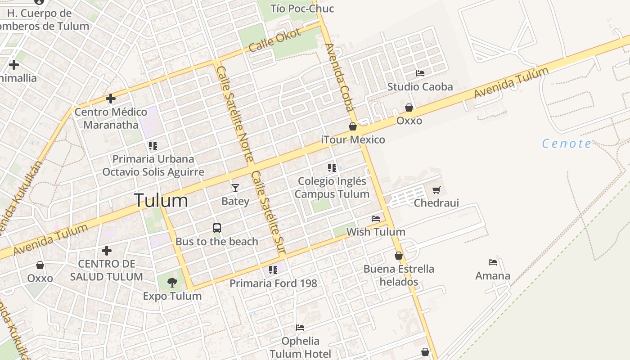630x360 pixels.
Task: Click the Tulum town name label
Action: tap(161, 200)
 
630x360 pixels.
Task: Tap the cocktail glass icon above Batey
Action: tap(235, 188)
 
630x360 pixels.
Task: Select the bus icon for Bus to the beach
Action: tap(217, 228)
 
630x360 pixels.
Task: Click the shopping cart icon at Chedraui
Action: tap(436, 190)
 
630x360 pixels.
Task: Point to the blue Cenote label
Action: tap(567, 144)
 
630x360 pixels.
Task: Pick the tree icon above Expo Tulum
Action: tap(172, 283)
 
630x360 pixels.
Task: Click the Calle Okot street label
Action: tap(274, 40)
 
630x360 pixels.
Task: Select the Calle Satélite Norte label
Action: tap(235, 115)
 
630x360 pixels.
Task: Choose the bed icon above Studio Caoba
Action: tap(420, 73)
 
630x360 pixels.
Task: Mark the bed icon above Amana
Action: tap(493, 262)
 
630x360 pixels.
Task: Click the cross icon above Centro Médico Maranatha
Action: tap(111, 99)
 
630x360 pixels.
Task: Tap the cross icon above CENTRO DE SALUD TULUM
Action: tap(107, 250)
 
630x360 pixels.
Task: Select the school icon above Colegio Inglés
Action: tap(332, 168)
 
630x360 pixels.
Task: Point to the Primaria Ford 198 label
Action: tap(273, 283)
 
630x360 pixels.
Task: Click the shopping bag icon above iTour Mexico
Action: tap(353, 126)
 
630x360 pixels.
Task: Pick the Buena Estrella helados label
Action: tap(399, 275)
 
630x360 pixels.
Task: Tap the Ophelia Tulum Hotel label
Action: tap(300, 347)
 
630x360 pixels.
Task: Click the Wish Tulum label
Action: tap(375, 232)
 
